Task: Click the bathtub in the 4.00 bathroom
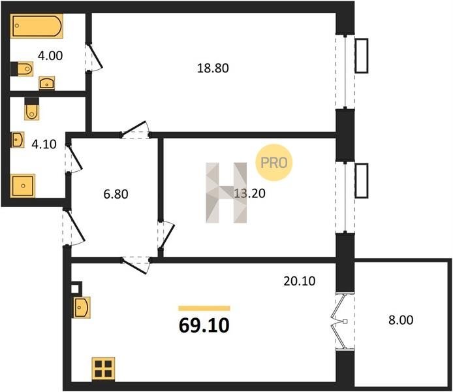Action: (x=37, y=25)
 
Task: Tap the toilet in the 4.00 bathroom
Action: (x=22, y=69)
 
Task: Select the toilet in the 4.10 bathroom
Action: (x=31, y=108)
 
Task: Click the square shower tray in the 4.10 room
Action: (x=23, y=186)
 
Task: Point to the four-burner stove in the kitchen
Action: (x=103, y=368)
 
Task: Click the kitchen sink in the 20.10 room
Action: (x=82, y=307)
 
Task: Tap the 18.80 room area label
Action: (x=213, y=68)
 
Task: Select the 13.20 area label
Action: (x=249, y=193)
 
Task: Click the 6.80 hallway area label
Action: (x=116, y=194)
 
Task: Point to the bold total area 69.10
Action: (x=204, y=325)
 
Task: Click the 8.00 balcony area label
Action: (x=401, y=320)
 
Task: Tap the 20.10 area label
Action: (x=300, y=281)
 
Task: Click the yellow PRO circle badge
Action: (x=274, y=163)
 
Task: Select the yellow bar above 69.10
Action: (x=204, y=308)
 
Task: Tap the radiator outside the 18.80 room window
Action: (x=362, y=56)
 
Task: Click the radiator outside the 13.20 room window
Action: (x=362, y=181)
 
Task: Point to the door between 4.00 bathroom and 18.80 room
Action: (x=94, y=57)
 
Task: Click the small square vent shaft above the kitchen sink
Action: (x=75, y=288)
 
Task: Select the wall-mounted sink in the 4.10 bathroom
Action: (x=18, y=140)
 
